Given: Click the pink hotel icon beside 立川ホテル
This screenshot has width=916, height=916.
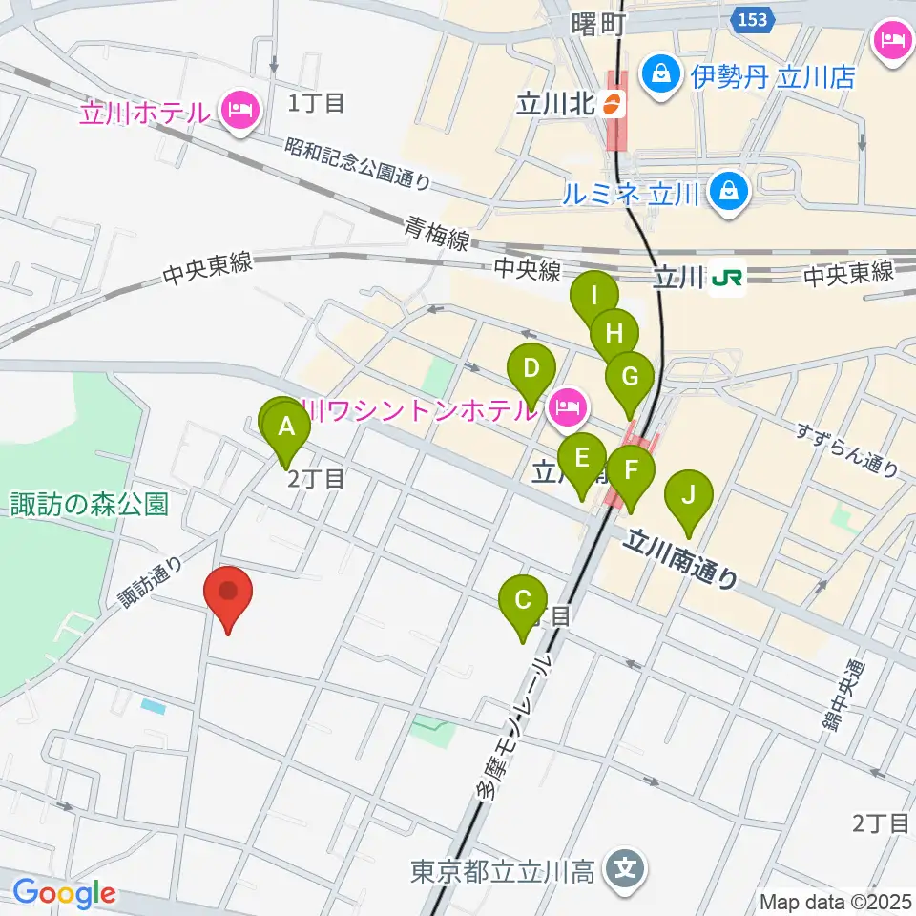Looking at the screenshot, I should [x=238, y=112].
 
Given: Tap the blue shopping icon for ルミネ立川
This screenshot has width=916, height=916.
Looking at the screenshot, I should [x=730, y=193].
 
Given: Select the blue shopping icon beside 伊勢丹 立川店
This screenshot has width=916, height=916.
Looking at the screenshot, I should [x=658, y=72].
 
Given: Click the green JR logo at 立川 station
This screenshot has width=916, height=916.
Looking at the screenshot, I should [x=728, y=277].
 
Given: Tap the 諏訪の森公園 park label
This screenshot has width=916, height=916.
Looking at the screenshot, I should [x=91, y=503].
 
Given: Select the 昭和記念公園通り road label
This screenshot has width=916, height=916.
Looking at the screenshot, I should [x=358, y=161].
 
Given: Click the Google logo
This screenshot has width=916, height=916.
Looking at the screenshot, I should [x=64, y=894].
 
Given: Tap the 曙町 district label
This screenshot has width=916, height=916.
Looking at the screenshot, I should [x=598, y=25].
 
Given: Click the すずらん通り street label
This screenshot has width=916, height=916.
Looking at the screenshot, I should [x=848, y=450].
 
